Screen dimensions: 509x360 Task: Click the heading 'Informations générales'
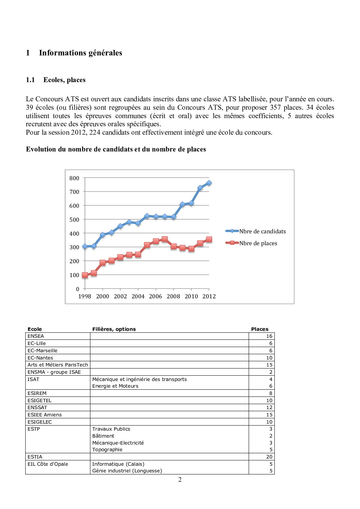point(80,53)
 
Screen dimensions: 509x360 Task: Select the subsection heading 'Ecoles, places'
point(64,80)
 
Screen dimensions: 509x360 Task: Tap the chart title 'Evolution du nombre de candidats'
point(116,149)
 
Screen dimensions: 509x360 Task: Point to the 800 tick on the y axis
point(74,178)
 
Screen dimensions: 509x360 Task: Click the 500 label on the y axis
point(74,220)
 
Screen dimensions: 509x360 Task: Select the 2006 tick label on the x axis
point(156,296)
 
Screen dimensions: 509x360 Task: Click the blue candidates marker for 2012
point(209,183)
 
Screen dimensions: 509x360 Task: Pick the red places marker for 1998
point(85,275)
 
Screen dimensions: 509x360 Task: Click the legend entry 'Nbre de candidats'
point(262,231)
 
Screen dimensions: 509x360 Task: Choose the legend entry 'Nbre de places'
point(258,243)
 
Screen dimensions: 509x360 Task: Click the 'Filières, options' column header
point(114,329)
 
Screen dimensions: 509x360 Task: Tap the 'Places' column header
point(260,329)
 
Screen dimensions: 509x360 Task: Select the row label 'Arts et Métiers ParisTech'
point(57,365)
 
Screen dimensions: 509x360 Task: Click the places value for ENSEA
point(269,336)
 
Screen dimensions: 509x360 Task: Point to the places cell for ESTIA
point(269,457)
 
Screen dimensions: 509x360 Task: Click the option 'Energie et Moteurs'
point(115,386)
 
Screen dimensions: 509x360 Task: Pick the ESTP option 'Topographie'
point(107,450)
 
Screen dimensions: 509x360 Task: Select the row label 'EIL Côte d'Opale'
point(48,464)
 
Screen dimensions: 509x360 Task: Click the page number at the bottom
point(180,480)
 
